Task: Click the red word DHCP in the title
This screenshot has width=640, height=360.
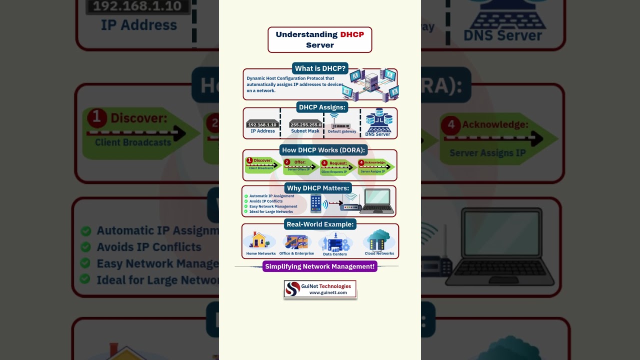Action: pos(352,34)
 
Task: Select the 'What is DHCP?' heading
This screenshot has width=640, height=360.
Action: pos(320,68)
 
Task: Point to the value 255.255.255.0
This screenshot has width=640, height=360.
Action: pos(305,125)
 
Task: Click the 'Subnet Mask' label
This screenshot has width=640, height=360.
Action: pos(305,131)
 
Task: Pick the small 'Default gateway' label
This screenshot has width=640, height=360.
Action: pos(342,131)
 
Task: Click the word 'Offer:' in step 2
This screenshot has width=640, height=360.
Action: pos(299,162)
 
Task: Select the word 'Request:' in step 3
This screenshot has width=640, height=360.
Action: pos(338,163)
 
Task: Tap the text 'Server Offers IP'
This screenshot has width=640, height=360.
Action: pos(299,169)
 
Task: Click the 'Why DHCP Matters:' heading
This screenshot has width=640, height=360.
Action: pos(318,188)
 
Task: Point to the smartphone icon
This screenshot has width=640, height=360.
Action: pos(316,203)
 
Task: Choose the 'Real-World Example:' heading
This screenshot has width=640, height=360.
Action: pos(320,224)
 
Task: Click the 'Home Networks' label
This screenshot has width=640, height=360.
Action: pos(261,253)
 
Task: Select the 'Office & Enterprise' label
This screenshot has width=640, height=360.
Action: pos(296,253)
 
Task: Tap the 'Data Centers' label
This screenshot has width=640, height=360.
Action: pos(335,254)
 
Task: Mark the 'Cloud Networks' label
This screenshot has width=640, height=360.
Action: pos(379,253)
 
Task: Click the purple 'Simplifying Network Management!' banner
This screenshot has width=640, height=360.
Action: pos(320,266)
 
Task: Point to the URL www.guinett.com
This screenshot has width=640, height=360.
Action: pos(328,292)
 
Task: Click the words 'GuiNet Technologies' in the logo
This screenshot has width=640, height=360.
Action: pos(326,286)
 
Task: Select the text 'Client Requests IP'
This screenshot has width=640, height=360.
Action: pos(334,172)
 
